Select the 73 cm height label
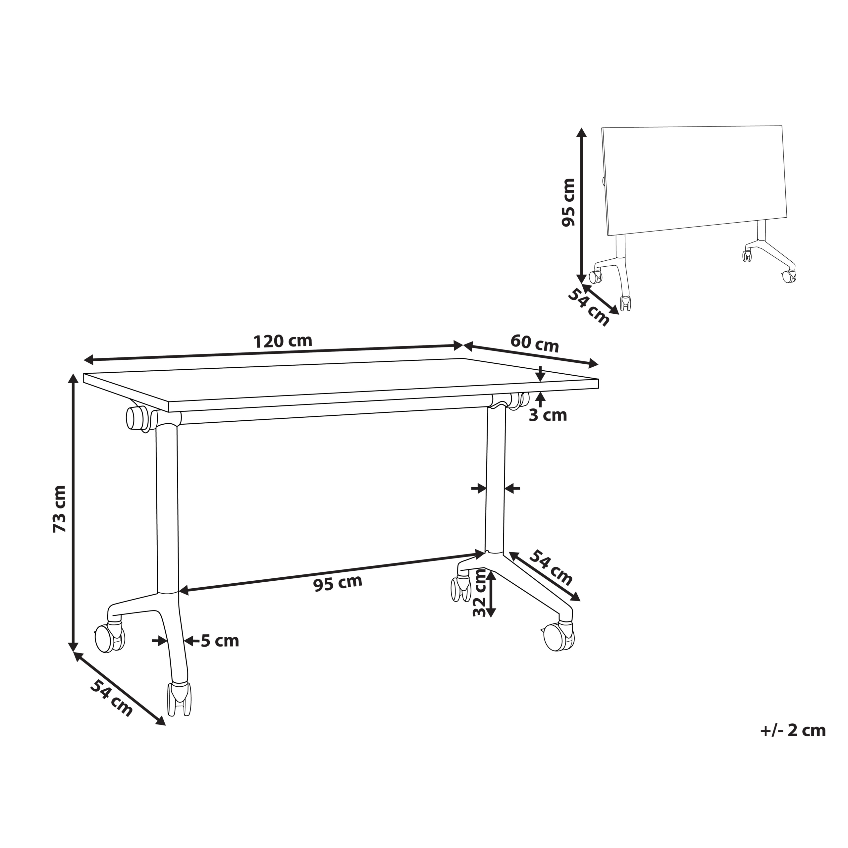(x=59, y=509)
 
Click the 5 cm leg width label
(x=220, y=641)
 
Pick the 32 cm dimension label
(x=480, y=593)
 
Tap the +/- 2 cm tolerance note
(x=793, y=730)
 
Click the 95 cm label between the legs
(x=338, y=583)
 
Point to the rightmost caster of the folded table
(x=788, y=276)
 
